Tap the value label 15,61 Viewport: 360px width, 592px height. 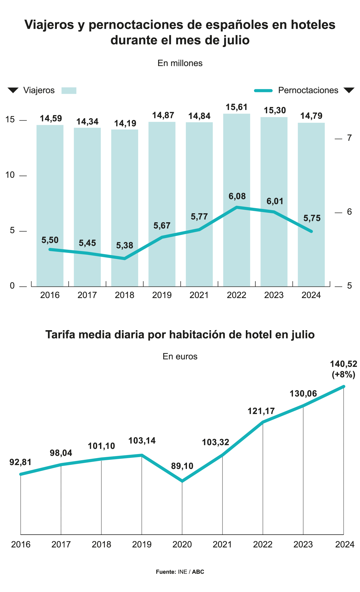pyautogui.click(x=237, y=107)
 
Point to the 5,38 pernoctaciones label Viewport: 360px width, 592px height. pyautogui.click(x=125, y=245)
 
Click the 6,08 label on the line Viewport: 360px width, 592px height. pyautogui.click(x=237, y=196)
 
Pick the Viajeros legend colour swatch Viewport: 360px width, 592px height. pyautogui.click(x=69, y=90)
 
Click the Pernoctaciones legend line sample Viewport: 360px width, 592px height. pyautogui.click(x=263, y=90)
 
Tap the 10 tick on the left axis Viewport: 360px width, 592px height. pyautogui.click(x=10, y=175)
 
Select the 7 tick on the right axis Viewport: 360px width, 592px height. pyautogui.click(x=349, y=138)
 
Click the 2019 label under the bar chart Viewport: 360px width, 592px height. pyautogui.click(x=162, y=295)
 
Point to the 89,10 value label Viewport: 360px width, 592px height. pyautogui.click(x=182, y=466)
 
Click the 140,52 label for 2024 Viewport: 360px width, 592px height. pyautogui.click(x=344, y=364)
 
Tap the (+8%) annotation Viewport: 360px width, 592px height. pyautogui.click(x=344, y=375)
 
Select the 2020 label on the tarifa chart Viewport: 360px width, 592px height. pyautogui.click(x=182, y=544)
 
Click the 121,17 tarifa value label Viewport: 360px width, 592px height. pyautogui.click(x=261, y=411)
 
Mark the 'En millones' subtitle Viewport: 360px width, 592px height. pyautogui.click(x=180, y=63)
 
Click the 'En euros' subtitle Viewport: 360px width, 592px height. pyautogui.click(x=180, y=357)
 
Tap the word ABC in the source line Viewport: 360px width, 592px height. pyautogui.click(x=198, y=572)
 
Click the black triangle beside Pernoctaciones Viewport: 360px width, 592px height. pyautogui.click(x=349, y=90)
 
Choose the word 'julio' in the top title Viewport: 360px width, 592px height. pyautogui.click(x=236, y=40)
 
